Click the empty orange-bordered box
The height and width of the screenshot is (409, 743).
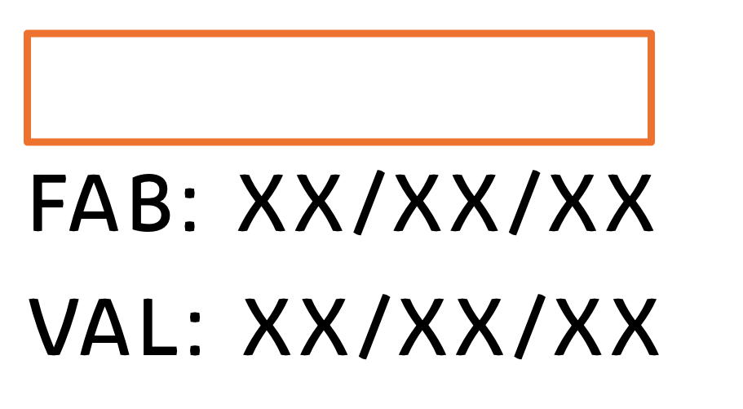338,34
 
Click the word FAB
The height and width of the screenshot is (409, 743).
101,203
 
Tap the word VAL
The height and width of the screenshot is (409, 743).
103,327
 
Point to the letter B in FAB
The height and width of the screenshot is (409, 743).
150,203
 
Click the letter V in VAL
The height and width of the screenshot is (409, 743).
54,327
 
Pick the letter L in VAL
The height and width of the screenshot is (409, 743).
159,327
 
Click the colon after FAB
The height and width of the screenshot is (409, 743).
189,209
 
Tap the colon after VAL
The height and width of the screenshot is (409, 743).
195,334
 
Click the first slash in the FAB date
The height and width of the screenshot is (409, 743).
369,202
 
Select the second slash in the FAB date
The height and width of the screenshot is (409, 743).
524,202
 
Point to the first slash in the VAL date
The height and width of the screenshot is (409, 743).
374,327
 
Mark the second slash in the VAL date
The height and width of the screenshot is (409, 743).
530,327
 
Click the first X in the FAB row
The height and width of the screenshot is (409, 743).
262,203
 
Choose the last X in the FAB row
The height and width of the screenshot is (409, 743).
630,203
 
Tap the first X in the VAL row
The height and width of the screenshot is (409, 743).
267,327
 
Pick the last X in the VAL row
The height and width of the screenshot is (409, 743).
635,327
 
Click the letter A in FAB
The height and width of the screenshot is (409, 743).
93,203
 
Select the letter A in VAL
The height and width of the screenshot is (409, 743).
104,327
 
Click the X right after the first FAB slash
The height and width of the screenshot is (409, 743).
418,203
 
